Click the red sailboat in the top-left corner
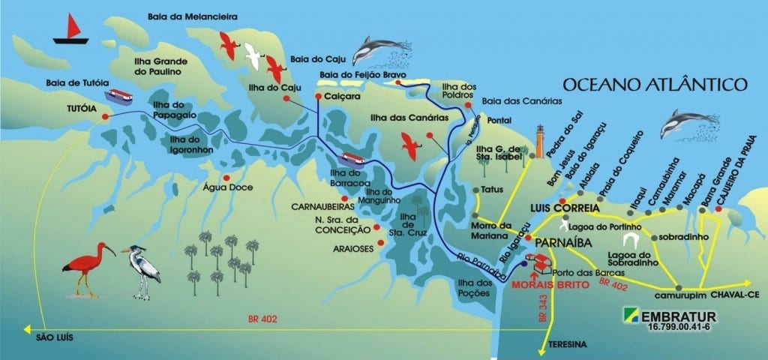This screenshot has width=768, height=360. point(70,29)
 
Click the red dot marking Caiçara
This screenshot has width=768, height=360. point(318,97)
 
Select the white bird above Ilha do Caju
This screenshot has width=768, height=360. point(254,52)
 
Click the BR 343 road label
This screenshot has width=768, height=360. point(543,308)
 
